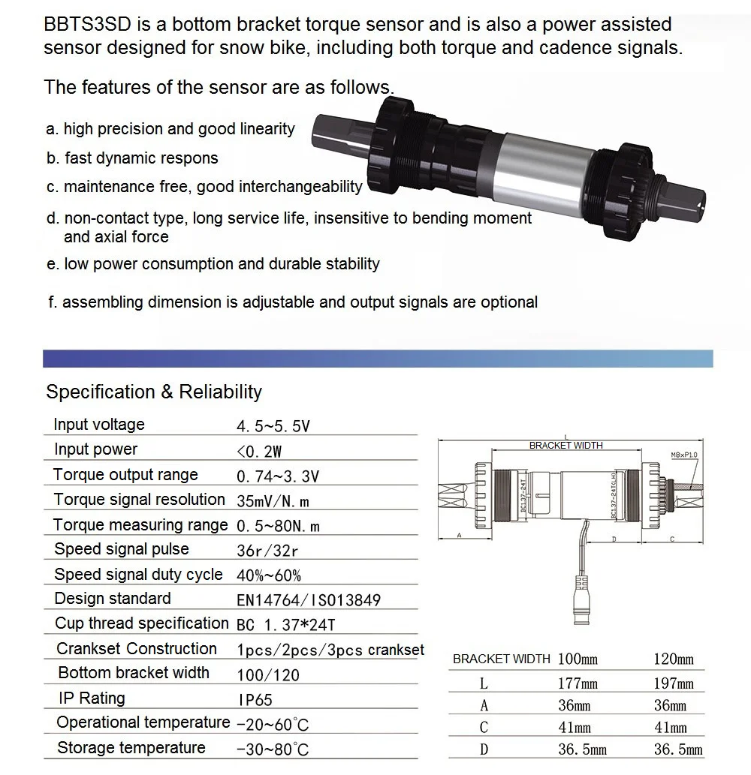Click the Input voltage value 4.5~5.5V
pos(273,427)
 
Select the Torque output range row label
pos(125,475)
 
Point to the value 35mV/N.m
pos(273,501)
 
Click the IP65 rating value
pos(255,700)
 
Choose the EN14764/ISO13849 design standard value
pos(309,600)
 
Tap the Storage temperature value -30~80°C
pos(272,749)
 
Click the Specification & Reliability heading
pos(154,392)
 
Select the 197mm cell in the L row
pos(674,683)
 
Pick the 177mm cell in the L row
pos(578,683)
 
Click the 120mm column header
pos(674,659)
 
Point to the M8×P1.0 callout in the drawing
pos(685,455)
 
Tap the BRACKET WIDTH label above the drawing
pos(566,446)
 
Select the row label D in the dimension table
pos(484,749)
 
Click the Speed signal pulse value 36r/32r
pos(267,551)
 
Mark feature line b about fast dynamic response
pos(132,158)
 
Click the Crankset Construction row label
pos(137,649)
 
